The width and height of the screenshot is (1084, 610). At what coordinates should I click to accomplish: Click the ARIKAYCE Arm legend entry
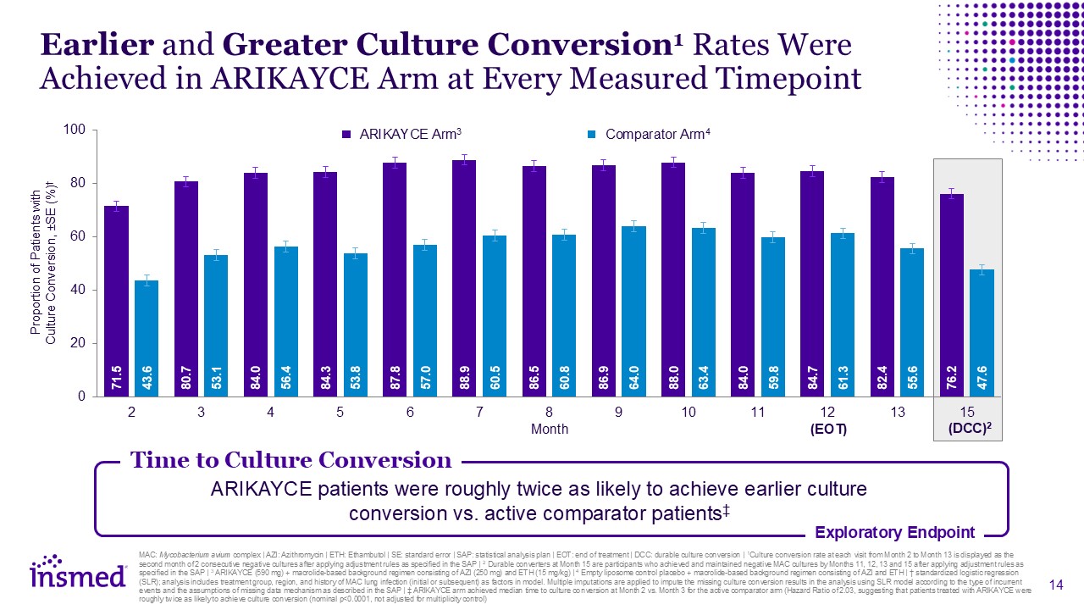[x=401, y=135]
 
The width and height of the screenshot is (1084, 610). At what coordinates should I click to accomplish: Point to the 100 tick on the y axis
[x=76, y=130]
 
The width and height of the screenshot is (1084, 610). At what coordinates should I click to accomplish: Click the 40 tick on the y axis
[x=80, y=290]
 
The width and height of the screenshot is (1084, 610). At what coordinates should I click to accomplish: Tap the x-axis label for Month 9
[x=618, y=412]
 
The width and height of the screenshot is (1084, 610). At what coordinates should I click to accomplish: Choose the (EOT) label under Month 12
[x=828, y=430]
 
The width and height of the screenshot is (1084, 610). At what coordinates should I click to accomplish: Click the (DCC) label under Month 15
[x=969, y=430]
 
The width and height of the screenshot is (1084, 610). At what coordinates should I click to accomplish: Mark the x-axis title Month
[x=549, y=430]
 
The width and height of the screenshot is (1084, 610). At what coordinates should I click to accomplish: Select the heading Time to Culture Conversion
[x=290, y=460]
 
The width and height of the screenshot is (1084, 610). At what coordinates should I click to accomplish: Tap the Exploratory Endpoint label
[x=894, y=533]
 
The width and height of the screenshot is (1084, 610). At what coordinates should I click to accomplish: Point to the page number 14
[x=1055, y=585]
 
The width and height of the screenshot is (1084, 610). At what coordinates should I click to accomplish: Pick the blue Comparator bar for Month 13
[x=911, y=322]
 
